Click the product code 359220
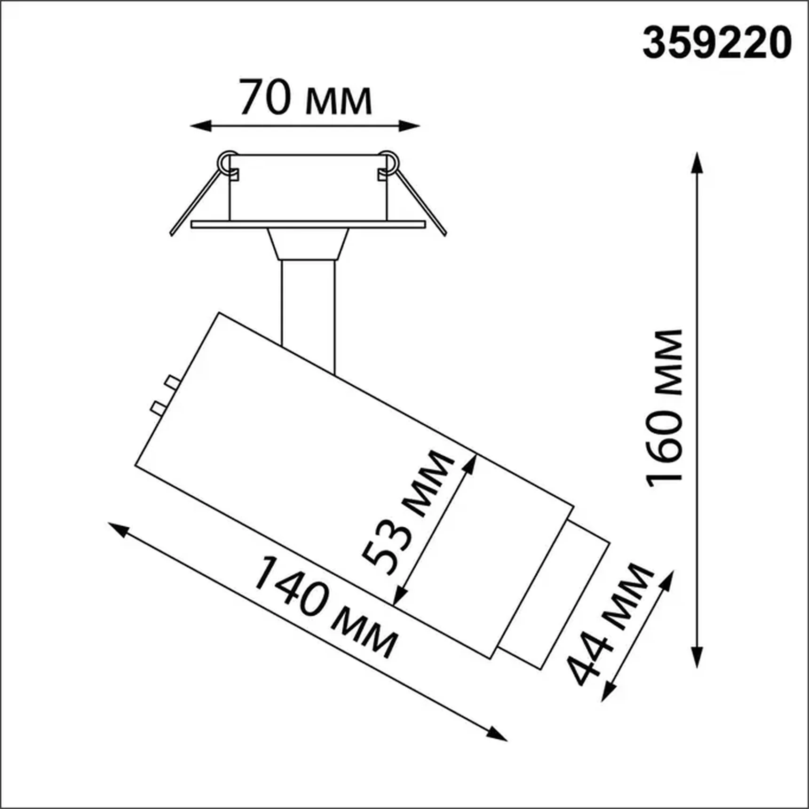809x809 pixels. pyautogui.click(x=717, y=43)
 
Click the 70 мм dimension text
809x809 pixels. pyautogui.click(x=305, y=98)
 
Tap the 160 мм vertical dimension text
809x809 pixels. pyautogui.click(x=665, y=408)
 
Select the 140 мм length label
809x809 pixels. pyautogui.click(x=325, y=607)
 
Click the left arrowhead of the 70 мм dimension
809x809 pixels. pyautogui.click(x=199, y=126)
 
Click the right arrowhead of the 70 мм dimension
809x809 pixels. pyautogui.click(x=410, y=126)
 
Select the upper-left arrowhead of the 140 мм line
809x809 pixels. pyautogui.click(x=118, y=529)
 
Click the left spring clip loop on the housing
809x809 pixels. pyautogui.click(x=228, y=161)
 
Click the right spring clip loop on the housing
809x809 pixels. pyautogui.click(x=389, y=161)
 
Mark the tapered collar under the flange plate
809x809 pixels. pyautogui.click(x=308, y=244)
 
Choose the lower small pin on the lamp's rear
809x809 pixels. pyautogui.click(x=158, y=407)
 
